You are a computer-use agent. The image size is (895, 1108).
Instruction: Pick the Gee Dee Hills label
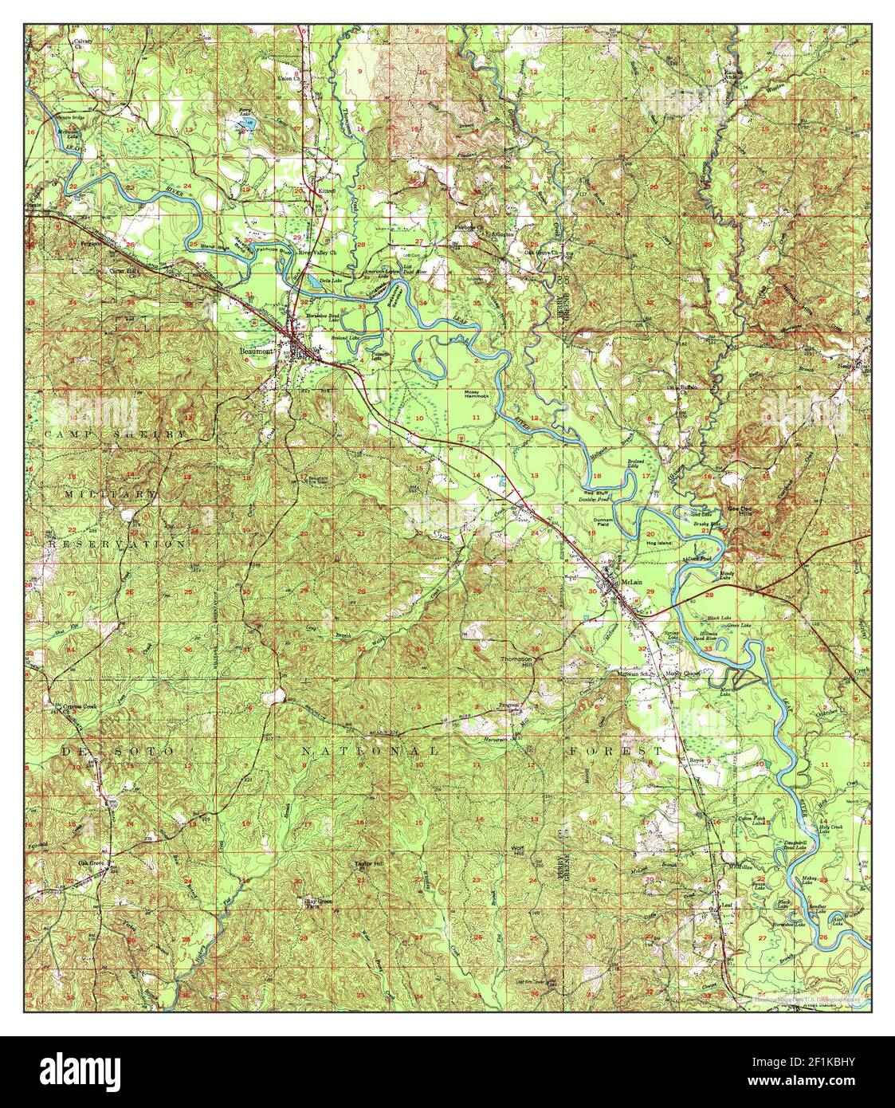point(740,511)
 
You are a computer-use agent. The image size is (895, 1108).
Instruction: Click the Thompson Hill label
point(515,662)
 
